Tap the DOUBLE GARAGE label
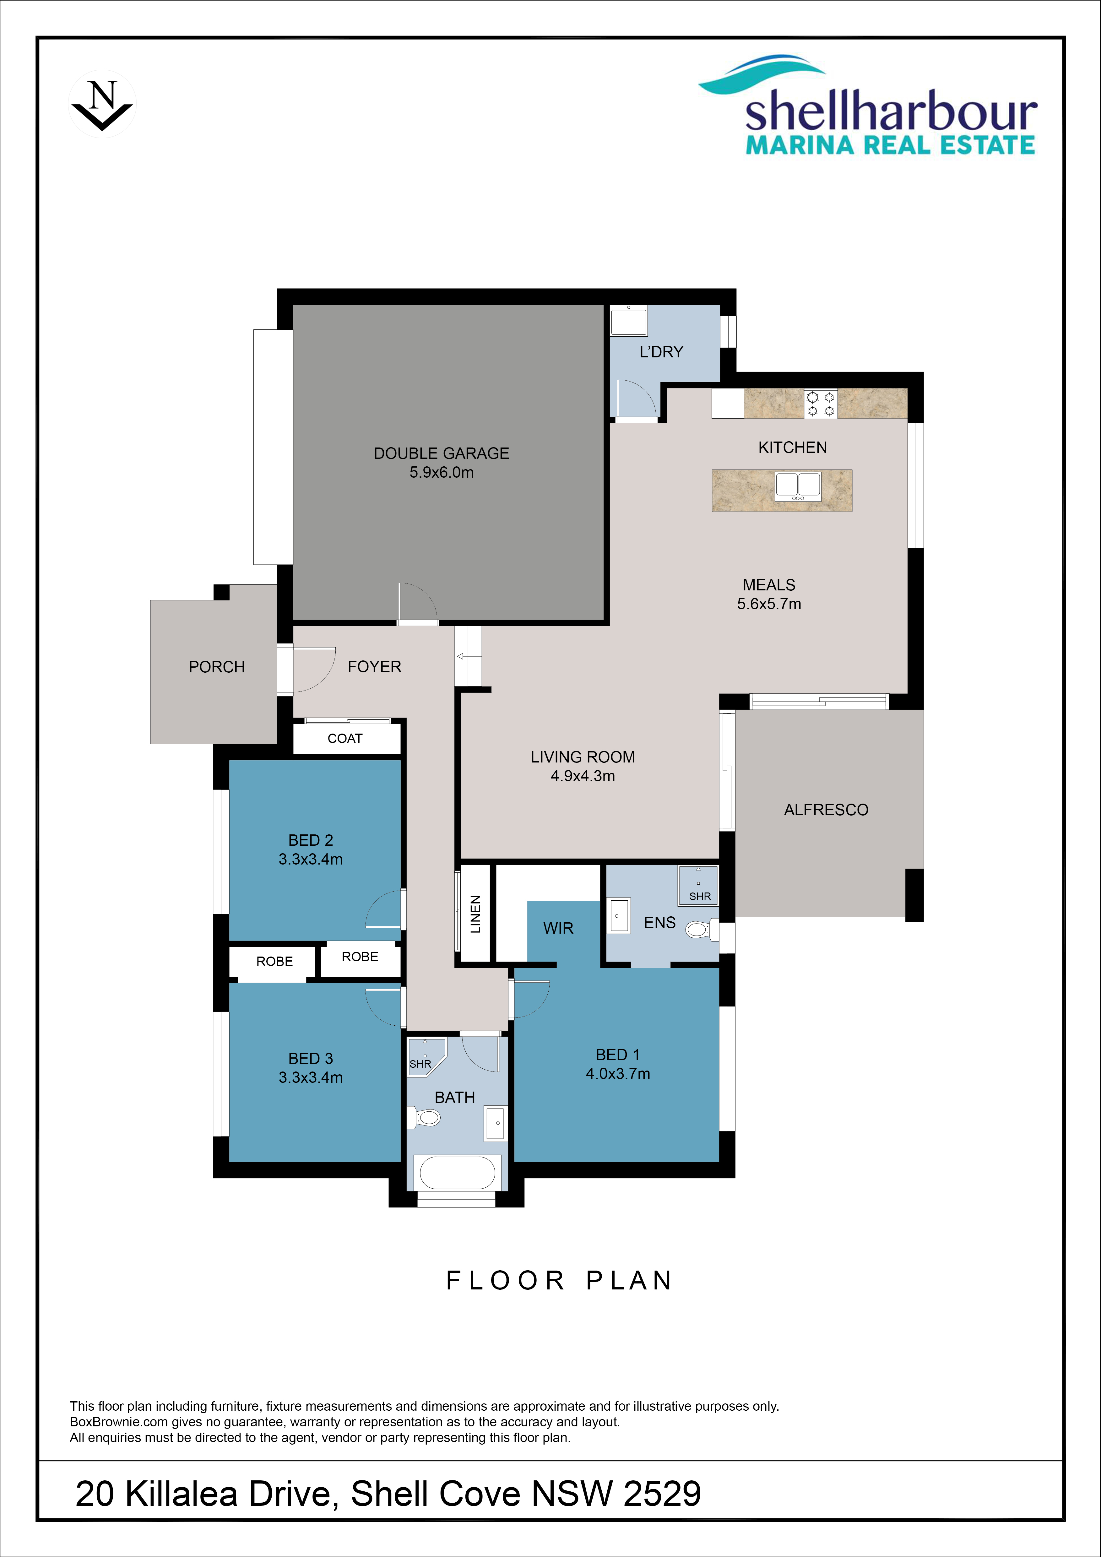click(x=441, y=453)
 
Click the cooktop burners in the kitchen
click(x=820, y=404)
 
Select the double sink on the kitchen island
click(x=798, y=487)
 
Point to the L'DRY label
click(x=661, y=352)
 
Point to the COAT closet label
click(x=345, y=739)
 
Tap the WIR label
click(x=558, y=928)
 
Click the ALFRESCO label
click(x=826, y=810)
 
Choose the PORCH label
click(x=217, y=667)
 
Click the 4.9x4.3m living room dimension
click(x=583, y=777)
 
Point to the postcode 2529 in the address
click(x=662, y=1494)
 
